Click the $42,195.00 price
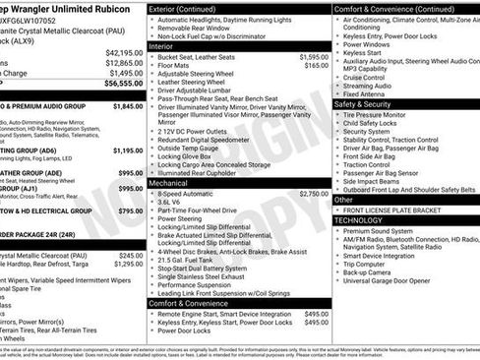pyautogui.click(x=124, y=52)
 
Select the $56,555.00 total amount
pyautogui.click(x=124, y=85)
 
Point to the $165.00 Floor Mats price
pyautogui.click(x=317, y=65)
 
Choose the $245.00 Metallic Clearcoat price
pyautogui.click(x=131, y=255)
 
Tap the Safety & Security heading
pyautogui.click(x=362, y=103)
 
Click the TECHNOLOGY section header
pyautogui.click(x=358, y=220)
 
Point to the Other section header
pyautogui.click(x=343, y=199)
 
